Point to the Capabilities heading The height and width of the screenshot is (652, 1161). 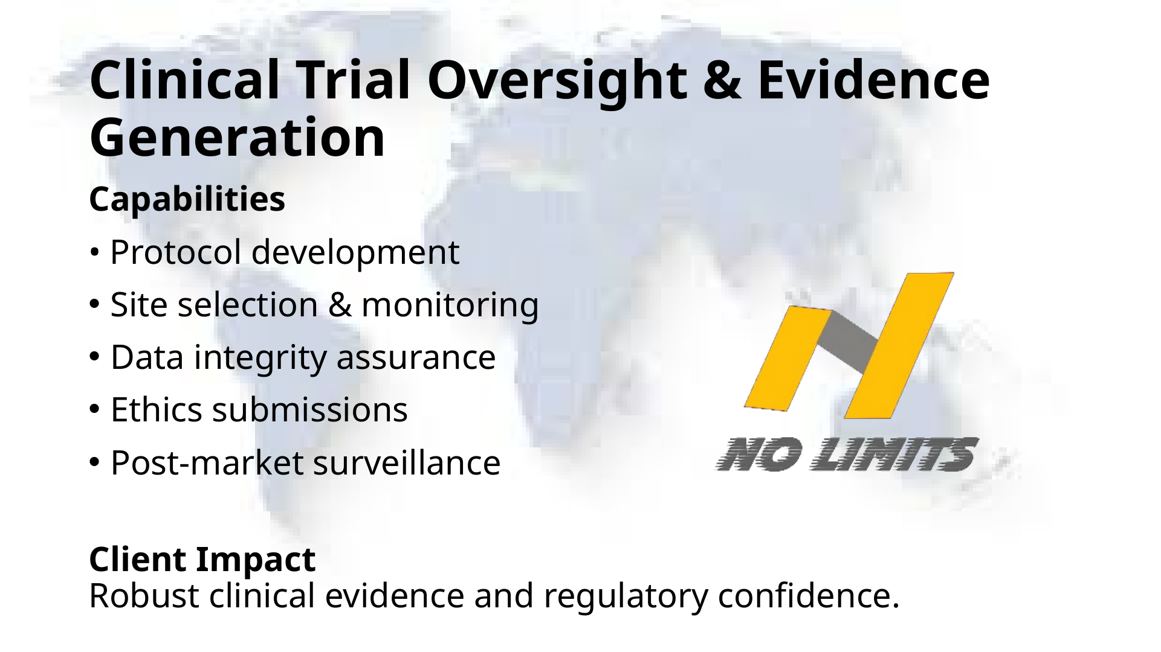pyautogui.click(x=187, y=200)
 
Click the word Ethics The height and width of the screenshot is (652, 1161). pyautogui.click(x=156, y=410)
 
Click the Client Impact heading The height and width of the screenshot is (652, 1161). pyautogui.click(x=202, y=560)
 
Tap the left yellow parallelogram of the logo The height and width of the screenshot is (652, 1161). pyautogui.click(x=787, y=359)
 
